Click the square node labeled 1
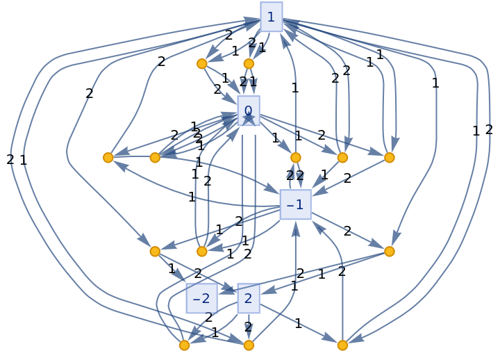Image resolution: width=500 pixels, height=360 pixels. click(x=271, y=17)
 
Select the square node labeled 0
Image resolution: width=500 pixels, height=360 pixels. click(x=248, y=111)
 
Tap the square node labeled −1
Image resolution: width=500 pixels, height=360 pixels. click(x=295, y=204)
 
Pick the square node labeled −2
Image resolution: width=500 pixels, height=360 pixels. click(x=201, y=298)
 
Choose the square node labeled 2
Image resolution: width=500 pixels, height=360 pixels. click(x=248, y=298)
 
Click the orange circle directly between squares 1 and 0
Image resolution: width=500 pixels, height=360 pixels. click(x=249, y=64)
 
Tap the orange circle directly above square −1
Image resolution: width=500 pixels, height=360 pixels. click(x=295, y=158)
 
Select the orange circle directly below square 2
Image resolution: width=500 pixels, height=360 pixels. click(x=249, y=345)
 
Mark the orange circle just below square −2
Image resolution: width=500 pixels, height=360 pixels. click(x=184, y=345)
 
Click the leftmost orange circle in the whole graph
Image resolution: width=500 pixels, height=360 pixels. click(x=108, y=158)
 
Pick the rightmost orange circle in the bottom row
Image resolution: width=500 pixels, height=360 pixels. click(x=342, y=345)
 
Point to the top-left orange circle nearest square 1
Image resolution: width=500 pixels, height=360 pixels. click(x=201, y=64)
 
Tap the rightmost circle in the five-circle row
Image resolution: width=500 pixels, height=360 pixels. click(x=389, y=158)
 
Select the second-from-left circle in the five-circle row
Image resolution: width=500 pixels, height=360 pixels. click(x=155, y=158)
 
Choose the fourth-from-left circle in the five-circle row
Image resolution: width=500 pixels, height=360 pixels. click(x=342, y=158)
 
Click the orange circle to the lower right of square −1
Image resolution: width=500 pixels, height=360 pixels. click(x=389, y=252)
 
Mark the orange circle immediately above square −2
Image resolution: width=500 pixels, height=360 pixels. click(x=201, y=252)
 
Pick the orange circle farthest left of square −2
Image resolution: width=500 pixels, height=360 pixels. click(x=155, y=252)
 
